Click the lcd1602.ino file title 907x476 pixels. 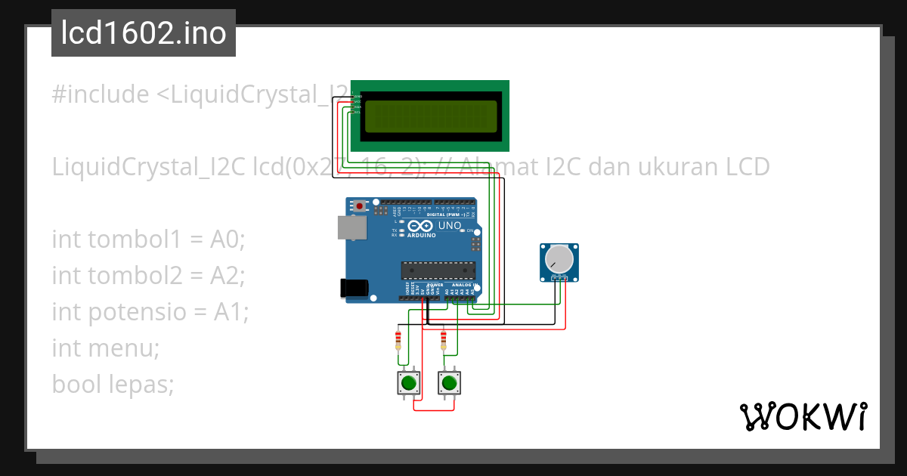pyautogui.click(x=143, y=34)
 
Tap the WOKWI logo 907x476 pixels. pyautogui.click(x=803, y=416)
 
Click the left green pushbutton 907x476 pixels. pyautogui.click(x=409, y=383)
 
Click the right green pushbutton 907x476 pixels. pyautogui.click(x=450, y=383)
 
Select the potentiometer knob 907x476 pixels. pyautogui.click(x=559, y=260)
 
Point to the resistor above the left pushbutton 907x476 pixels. pyautogui.click(x=398, y=339)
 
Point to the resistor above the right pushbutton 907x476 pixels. pyautogui.click(x=443, y=339)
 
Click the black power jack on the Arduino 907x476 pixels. pyautogui.click(x=354, y=287)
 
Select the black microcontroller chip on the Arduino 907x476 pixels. pyautogui.click(x=438, y=270)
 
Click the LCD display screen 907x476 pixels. pyautogui.click(x=430, y=116)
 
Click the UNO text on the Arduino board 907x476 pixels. pyautogui.click(x=450, y=226)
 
